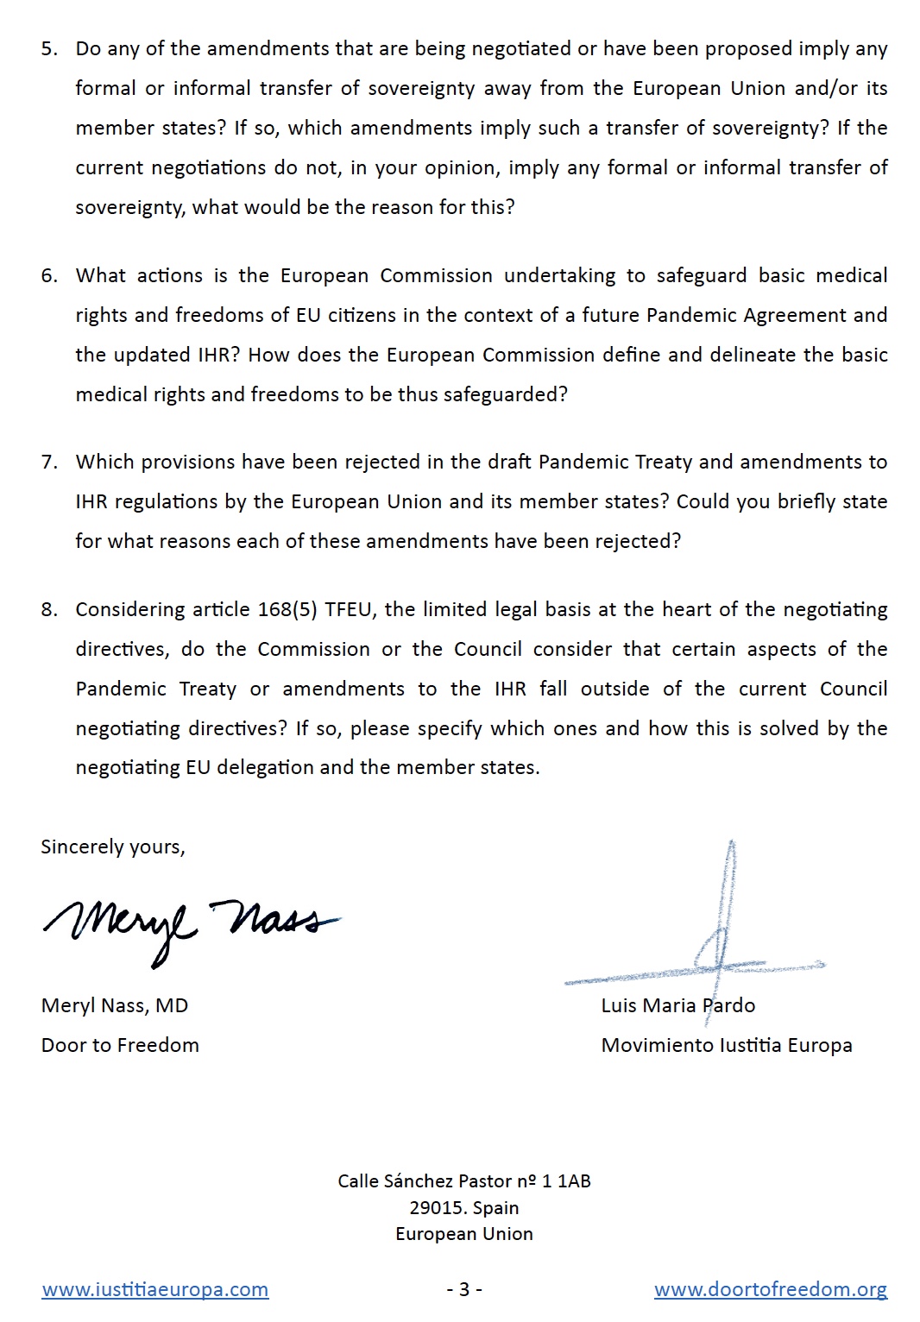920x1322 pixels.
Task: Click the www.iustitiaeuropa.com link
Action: (x=155, y=1290)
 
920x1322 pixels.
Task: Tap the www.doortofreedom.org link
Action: (x=770, y=1290)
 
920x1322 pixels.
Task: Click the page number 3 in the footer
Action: (x=464, y=1289)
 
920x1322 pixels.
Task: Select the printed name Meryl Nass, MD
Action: (x=115, y=1005)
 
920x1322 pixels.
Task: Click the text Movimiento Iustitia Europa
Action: (x=727, y=1045)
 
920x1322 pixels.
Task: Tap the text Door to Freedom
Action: (x=120, y=1045)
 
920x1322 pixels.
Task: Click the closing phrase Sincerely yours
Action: (x=113, y=847)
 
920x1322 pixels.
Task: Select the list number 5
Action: (x=49, y=48)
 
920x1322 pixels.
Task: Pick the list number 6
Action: (x=49, y=275)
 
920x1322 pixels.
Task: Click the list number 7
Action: (x=49, y=462)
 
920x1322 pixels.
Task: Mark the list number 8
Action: (x=49, y=609)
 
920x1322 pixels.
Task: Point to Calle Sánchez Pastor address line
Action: (x=464, y=1181)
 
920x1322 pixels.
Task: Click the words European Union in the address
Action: (x=464, y=1234)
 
